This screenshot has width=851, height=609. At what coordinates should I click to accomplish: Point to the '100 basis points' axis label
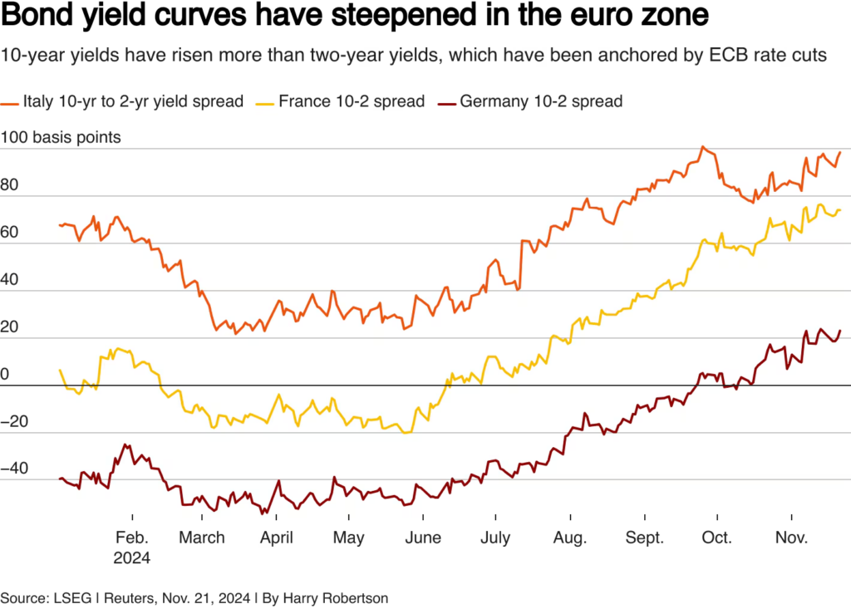click(x=61, y=137)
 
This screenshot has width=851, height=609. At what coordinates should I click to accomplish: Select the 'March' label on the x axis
click(x=202, y=538)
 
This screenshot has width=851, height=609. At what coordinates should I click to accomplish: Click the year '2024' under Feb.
click(x=132, y=558)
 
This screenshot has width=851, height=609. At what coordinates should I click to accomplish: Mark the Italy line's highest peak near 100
click(x=702, y=147)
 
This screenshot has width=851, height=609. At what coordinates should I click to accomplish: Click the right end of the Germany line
click(x=840, y=331)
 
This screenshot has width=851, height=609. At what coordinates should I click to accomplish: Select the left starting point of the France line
click(x=60, y=370)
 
